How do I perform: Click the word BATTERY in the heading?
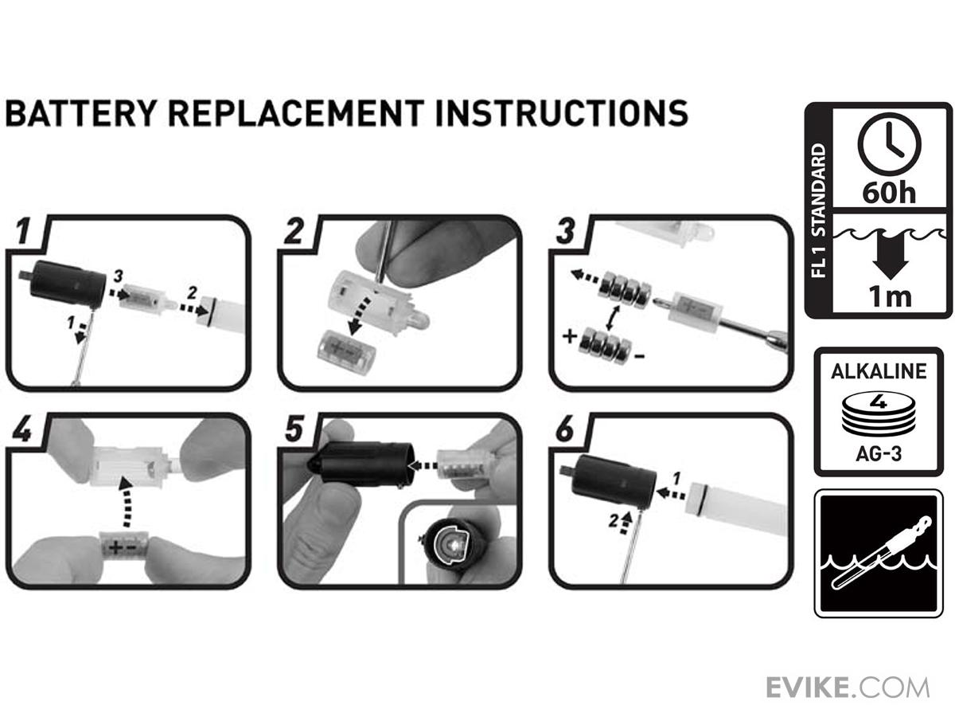81,113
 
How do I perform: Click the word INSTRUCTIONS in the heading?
561,113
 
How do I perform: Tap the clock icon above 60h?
889,144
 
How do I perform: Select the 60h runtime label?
889,193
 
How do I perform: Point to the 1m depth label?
891,297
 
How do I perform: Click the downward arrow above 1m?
891,257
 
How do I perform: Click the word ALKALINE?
879,371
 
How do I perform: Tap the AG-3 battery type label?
879,454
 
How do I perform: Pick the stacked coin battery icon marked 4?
879,413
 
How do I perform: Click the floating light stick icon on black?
879,554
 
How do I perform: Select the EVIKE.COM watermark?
848,688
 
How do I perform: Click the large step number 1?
24,231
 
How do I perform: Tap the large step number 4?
22,429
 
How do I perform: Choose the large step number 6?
566,429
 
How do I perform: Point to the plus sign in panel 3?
570,336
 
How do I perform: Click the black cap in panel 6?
611,480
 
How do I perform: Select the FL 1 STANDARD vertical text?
818,210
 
